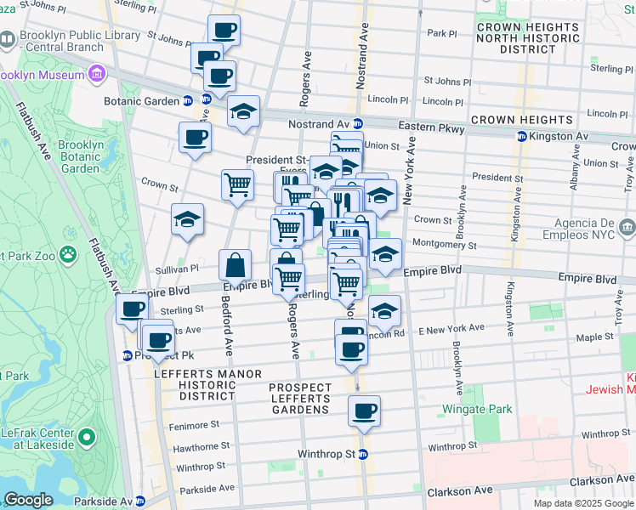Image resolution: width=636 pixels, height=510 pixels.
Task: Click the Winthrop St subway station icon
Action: coord(363,454)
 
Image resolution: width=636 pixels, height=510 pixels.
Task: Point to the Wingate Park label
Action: coord(476,409)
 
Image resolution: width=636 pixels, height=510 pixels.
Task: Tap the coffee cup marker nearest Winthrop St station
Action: coord(364,412)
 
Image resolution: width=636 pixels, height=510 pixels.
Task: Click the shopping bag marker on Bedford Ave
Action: coord(236,266)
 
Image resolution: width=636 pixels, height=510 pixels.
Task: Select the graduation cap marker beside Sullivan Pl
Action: coord(188,220)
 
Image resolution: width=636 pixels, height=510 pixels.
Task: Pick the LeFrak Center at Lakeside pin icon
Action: coord(86,438)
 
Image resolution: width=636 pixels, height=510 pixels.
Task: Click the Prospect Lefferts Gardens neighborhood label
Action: coord(298,399)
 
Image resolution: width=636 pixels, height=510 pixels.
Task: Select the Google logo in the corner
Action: coord(28,501)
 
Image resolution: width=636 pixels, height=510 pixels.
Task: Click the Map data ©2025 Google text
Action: coord(583,503)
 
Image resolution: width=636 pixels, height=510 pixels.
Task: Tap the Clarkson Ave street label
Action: coord(463,491)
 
